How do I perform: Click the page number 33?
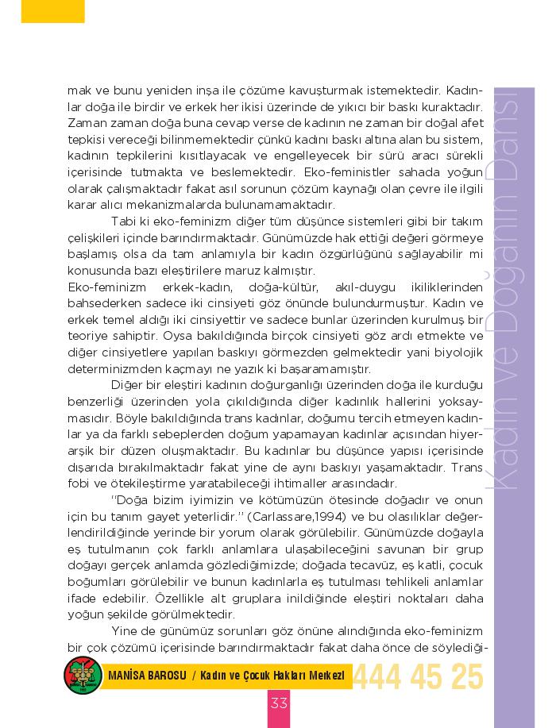tap(279, 703)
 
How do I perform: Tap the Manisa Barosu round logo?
tap(81, 676)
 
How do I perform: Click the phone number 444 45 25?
tap(418, 676)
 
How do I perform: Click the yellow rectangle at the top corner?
tap(52, 10)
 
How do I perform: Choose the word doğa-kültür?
tap(284, 287)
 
